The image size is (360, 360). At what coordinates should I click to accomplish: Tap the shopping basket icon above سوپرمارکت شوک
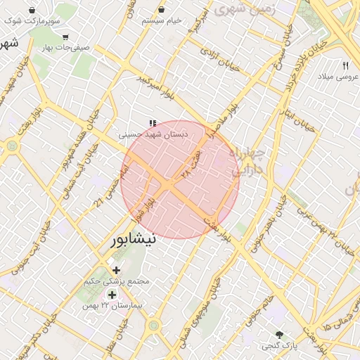[33, 11]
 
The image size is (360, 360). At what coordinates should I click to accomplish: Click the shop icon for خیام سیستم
[162, 10]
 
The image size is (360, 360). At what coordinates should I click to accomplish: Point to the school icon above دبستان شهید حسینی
[153, 123]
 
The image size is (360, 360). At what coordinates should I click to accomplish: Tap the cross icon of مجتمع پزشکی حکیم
[116, 270]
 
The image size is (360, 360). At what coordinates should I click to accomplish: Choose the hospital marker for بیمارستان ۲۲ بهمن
[112, 295]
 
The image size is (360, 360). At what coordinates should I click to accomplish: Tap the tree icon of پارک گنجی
[280, 335]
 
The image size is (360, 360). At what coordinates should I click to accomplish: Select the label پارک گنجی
[280, 346]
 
